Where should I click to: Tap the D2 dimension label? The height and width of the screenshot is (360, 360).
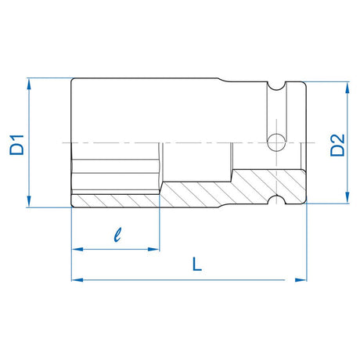(x=337, y=144)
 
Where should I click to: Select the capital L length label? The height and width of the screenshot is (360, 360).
(x=197, y=265)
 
